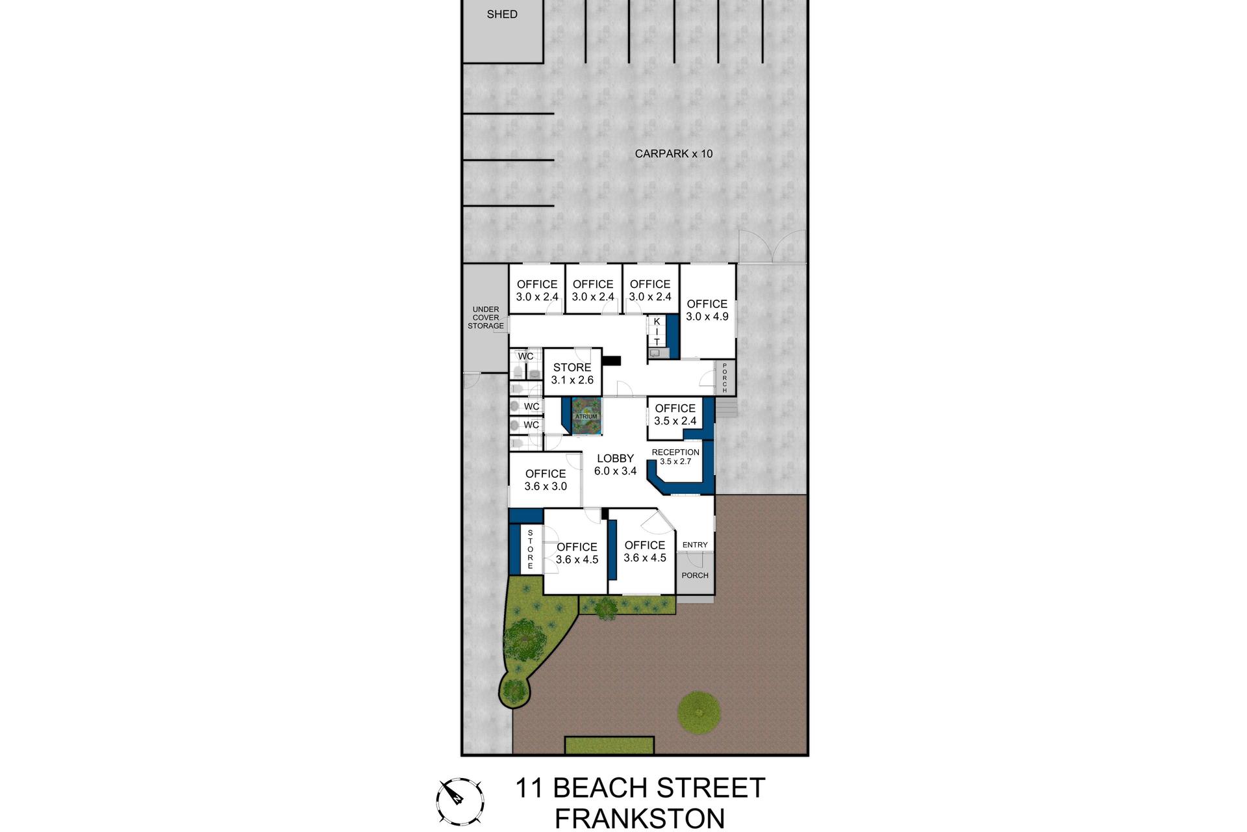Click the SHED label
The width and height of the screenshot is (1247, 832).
tap(502, 14)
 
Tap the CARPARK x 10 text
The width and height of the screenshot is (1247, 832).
tap(674, 154)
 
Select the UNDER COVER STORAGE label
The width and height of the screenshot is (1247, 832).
tap(486, 318)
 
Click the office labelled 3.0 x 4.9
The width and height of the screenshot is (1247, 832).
tap(707, 310)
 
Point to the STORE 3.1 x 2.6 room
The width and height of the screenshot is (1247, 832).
tap(572, 374)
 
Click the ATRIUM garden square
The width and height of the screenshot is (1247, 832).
tap(586, 416)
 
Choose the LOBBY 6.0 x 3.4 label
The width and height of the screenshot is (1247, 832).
tap(615, 465)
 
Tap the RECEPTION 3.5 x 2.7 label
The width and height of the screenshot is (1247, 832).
tap(675, 456)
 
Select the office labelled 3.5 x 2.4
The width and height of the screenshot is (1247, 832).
tap(675, 414)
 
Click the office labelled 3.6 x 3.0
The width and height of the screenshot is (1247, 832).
tap(546, 480)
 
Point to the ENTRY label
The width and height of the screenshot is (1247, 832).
tap(695, 545)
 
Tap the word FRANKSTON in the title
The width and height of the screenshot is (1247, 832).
tap(640, 819)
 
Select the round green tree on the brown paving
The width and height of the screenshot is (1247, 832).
tap(699, 713)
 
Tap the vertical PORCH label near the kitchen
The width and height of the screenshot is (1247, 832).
tap(725, 378)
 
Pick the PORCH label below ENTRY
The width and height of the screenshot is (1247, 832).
tap(695, 575)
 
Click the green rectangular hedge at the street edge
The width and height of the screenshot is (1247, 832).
tap(609, 745)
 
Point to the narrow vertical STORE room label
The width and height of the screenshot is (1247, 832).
tap(530, 550)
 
